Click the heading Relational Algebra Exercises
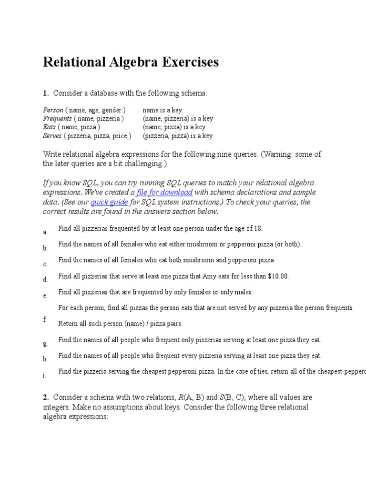131,62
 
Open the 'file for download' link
164,193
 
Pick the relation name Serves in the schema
52,136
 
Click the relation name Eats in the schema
50,127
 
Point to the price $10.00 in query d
278,276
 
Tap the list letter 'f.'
45,319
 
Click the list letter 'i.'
44,376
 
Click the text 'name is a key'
162,110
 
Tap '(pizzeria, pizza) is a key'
178,136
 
